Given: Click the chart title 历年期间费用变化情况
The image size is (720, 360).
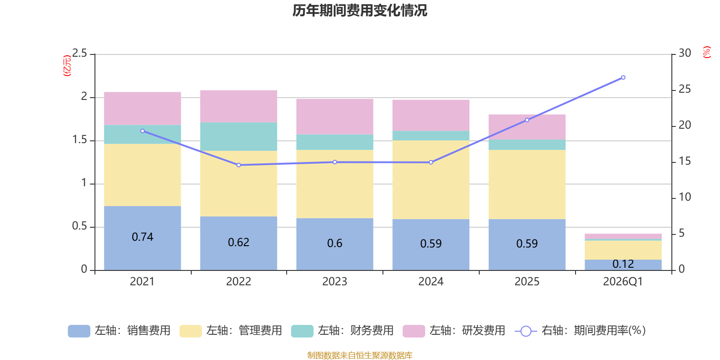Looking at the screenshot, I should [360, 10].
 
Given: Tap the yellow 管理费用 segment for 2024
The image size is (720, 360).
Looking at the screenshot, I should [431, 180].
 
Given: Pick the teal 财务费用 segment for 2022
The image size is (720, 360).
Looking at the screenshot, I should [238, 136].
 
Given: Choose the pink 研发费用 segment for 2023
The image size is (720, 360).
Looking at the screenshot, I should [334, 116].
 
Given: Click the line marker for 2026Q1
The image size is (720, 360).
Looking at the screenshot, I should [623, 77].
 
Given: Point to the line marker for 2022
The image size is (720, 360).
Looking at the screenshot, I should [238, 165].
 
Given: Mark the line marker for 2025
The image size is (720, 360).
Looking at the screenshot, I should [527, 120].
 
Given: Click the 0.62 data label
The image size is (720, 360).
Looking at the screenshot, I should [238, 243].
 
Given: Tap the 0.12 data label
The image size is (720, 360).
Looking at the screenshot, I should [623, 264].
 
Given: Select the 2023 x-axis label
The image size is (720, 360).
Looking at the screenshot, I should [334, 282].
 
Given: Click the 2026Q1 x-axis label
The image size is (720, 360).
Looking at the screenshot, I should [623, 282].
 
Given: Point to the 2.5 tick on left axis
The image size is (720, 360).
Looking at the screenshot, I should [80, 54].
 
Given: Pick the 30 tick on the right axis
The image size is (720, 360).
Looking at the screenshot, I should [685, 54].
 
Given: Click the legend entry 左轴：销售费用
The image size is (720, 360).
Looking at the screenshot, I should [119, 331].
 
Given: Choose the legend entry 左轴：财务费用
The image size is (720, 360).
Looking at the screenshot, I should [342, 331].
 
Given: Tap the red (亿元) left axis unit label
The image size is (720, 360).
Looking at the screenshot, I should [67, 66].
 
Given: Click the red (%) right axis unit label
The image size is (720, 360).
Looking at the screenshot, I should [706, 52].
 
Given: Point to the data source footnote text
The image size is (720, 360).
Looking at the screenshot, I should [360, 355].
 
